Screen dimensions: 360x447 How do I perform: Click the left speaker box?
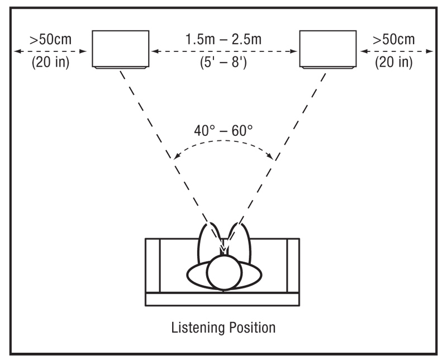(x=121, y=49)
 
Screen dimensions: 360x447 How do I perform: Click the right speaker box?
(x=327, y=49)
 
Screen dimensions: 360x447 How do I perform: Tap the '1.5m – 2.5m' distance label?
(x=224, y=40)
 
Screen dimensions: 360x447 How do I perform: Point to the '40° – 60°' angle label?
(x=224, y=132)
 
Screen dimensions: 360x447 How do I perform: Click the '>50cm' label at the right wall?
(x=394, y=40)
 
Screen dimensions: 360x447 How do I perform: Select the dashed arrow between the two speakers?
(x=224, y=51)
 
